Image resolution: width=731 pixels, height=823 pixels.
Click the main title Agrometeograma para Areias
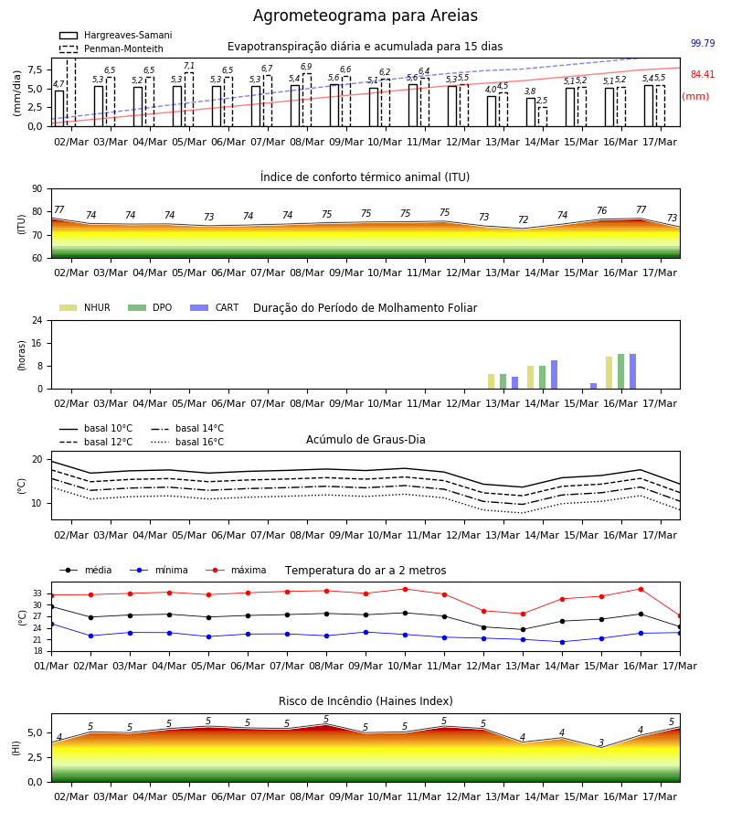pyautogui.click(x=365, y=16)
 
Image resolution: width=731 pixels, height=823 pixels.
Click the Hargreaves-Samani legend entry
pyautogui.click(x=115, y=35)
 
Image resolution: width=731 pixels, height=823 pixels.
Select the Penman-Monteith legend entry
pyautogui.click(x=111, y=48)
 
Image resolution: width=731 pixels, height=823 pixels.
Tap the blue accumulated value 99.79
pyautogui.click(x=703, y=43)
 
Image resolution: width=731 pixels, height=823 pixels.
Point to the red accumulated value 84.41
pyautogui.click(x=703, y=75)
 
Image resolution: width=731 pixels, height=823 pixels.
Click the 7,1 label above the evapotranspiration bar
pyautogui.click(x=189, y=66)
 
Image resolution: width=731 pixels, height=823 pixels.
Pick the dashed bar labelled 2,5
pyautogui.click(x=542, y=117)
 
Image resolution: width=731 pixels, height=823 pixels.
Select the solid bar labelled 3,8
pyautogui.click(x=531, y=112)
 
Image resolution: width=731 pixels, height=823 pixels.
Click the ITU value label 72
pyautogui.click(x=523, y=219)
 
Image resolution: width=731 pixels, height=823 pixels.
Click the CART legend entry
pyautogui.click(x=215, y=307)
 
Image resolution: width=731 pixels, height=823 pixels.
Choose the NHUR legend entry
pyautogui.click(x=85, y=307)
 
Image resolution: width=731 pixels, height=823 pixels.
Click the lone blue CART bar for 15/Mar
pyautogui.click(x=593, y=386)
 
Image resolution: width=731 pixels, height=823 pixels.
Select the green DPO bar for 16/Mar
pyautogui.click(x=620, y=371)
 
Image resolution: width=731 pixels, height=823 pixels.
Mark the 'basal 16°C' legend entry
pyautogui.click(x=187, y=442)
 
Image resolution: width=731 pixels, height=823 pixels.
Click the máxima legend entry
pyautogui.click(x=236, y=570)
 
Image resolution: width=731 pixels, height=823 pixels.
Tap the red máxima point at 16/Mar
pyautogui.click(x=641, y=590)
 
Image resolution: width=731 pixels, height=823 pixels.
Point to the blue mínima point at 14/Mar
pyautogui.click(x=562, y=642)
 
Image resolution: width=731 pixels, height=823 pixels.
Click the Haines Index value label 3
pyautogui.click(x=601, y=743)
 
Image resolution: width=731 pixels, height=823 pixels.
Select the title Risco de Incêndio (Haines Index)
pyautogui.click(x=365, y=701)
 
